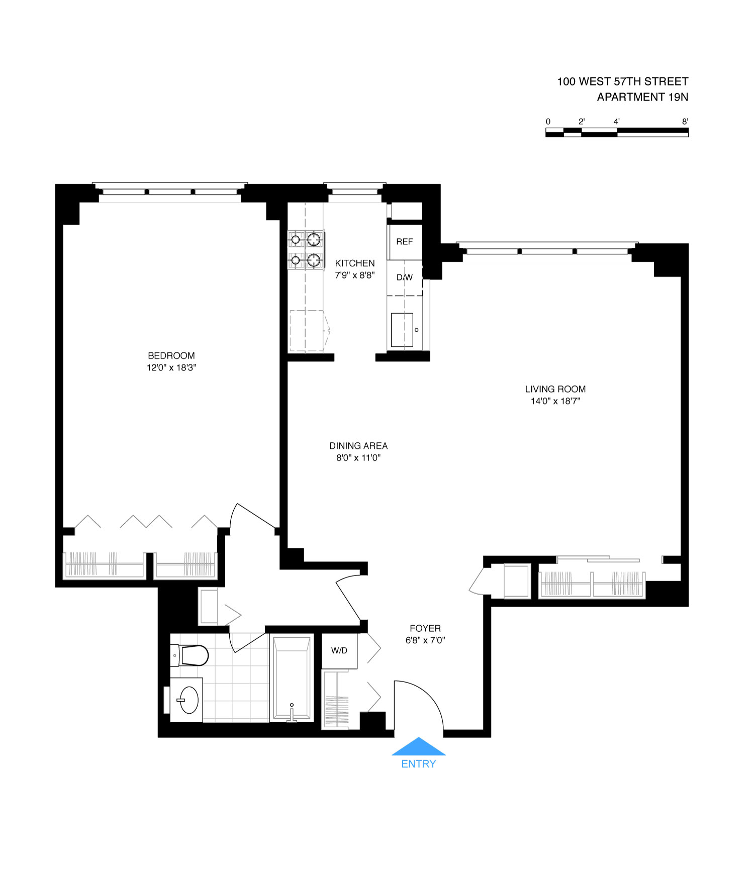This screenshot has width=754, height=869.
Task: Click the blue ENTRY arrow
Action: [418, 747]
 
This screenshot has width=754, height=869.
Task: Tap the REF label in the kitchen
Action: [404, 242]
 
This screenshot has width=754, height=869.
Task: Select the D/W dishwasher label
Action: [404, 277]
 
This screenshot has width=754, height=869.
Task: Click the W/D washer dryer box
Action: [339, 651]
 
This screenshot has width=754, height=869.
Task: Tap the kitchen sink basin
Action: [402, 330]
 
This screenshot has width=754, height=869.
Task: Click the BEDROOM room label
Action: [171, 356]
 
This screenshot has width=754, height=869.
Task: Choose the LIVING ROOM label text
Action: [555, 389]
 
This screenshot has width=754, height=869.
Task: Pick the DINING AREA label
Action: [358, 446]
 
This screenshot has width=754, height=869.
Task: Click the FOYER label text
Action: [425, 628]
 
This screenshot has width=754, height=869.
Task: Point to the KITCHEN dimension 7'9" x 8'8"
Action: [355, 275]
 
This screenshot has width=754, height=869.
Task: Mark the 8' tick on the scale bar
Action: [685, 122]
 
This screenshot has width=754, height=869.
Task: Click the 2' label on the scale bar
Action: [582, 122]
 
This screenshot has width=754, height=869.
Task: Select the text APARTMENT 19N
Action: [642, 97]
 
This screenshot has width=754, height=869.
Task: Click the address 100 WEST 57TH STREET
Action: [622, 81]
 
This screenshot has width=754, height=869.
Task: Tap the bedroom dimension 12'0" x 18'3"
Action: [171, 368]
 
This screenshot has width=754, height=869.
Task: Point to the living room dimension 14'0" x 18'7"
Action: [555, 401]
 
